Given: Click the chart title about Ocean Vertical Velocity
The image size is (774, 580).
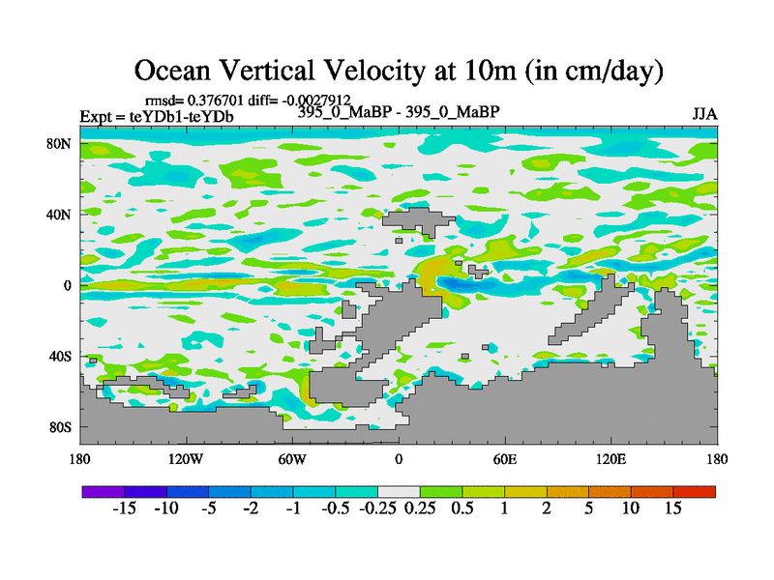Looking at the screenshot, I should (398, 71).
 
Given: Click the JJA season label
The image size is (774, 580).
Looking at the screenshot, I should (704, 114).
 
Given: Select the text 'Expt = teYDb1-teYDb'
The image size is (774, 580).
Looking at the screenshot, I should (157, 118).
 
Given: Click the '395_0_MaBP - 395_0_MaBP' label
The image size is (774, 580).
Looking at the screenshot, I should (399, 112).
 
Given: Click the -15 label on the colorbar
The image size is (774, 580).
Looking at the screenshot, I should (124, 509).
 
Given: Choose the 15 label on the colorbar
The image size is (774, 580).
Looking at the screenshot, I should (672, 509).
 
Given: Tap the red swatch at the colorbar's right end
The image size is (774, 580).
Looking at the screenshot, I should (694, 492).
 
